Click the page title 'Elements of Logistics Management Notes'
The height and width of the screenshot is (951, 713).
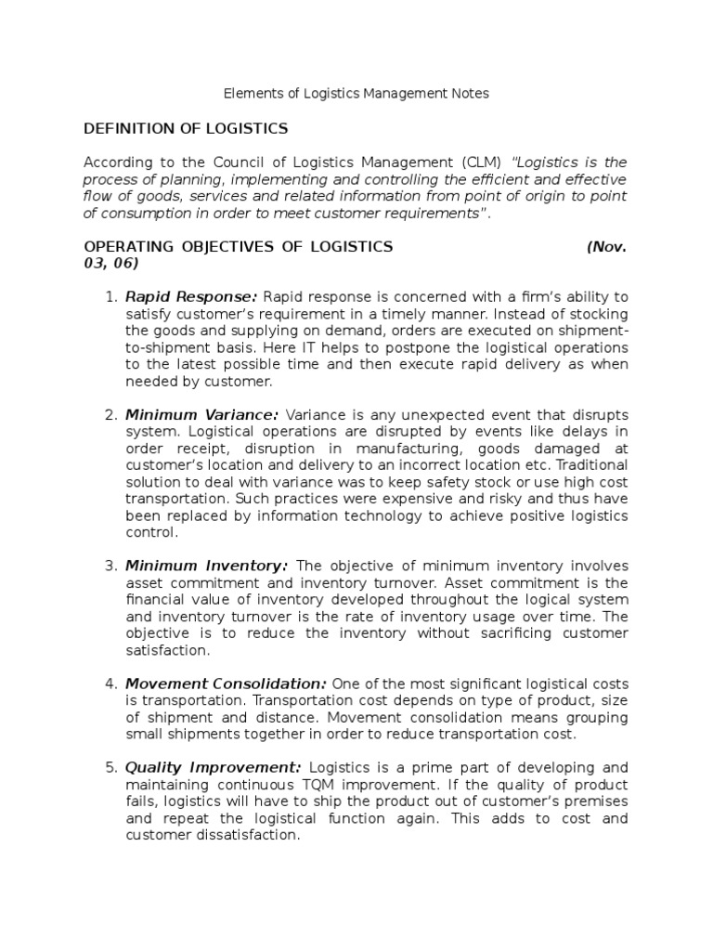356,94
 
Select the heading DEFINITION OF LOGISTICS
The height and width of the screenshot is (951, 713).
186,128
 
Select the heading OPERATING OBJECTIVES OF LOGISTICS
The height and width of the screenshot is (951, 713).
239,247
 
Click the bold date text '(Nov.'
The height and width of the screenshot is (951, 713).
607,247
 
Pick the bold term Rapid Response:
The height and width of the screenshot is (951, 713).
191,297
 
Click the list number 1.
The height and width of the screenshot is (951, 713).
110,297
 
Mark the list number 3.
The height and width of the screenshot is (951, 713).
110,567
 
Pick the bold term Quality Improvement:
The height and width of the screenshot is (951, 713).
213,768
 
